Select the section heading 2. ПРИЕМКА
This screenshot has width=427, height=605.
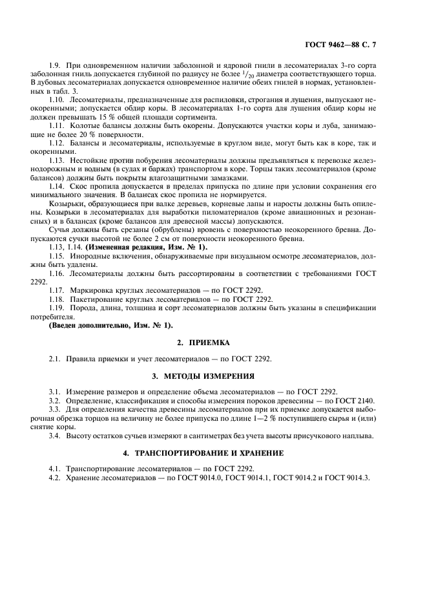coord(213,341)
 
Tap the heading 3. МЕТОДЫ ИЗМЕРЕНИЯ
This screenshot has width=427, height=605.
coord(213,376)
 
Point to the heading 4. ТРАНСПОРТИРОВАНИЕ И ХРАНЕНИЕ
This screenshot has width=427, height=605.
coord(213,452)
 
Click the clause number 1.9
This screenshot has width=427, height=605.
coord(55,66)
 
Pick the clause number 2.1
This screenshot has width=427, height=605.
coord(55,358)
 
